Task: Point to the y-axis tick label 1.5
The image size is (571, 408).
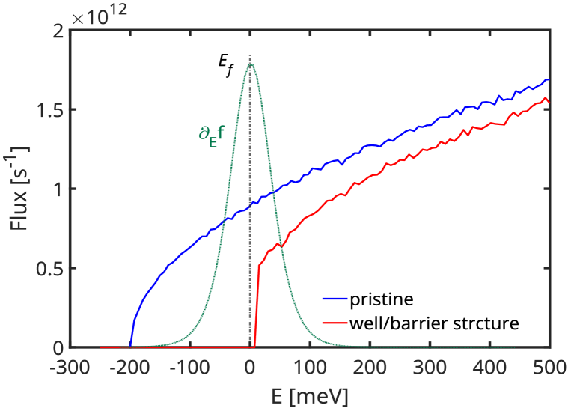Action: (49, 110)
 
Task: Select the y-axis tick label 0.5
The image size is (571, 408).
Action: (49, 269)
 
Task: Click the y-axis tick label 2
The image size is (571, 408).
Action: (58, 31)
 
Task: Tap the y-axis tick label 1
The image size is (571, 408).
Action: (58, 189)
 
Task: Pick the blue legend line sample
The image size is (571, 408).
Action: (335, 299)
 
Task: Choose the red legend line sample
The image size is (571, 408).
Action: (335, 323)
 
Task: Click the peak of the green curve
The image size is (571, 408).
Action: (250, 64)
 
